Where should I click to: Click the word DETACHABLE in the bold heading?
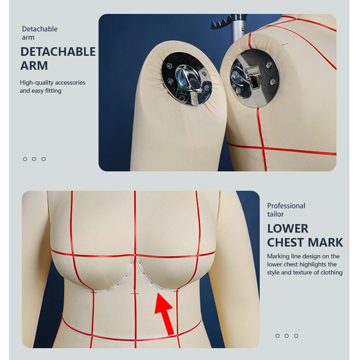[x=58, y=52]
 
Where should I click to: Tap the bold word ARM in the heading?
[x=34, y=66]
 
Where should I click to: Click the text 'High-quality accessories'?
[x=52, y=82]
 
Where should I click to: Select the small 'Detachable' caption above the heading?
[x=40, y=29]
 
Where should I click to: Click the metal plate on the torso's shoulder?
[x=254, y=78]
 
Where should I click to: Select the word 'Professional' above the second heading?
[x=286, y=206]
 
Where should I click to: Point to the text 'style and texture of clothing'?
[x=305, y=272]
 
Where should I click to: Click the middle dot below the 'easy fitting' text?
[x=34, y=159]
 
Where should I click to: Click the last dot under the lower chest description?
[x=296, y=336]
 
